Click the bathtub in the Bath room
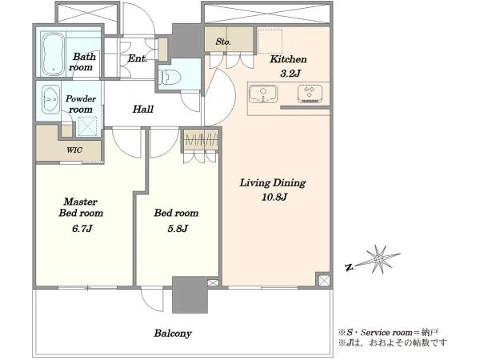[x=54, y=54]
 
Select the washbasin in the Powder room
[x=50, y=99]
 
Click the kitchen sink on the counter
[x=263, y=94]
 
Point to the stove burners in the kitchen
[x=310, y=93]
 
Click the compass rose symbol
[x=378, y=259]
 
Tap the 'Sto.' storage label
[x=223, y=42]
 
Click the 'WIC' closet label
[x=74, y=150]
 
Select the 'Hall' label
[x=143, y=109]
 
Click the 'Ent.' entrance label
[x=138, y=58]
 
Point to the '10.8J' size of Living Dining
[x=274, y=197]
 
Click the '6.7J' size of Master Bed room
[x=82, y=228]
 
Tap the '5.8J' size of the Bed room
[x=178, y=228]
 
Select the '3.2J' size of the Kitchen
[x=290, y=73]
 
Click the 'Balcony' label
[x=173, y=334]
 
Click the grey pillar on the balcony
[x=190, y=294]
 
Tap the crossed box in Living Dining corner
[x=324, y=280]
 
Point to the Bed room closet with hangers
[x=201, y=139]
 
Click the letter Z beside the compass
[x=349, y=268]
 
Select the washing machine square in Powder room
[x=87, y=126]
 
